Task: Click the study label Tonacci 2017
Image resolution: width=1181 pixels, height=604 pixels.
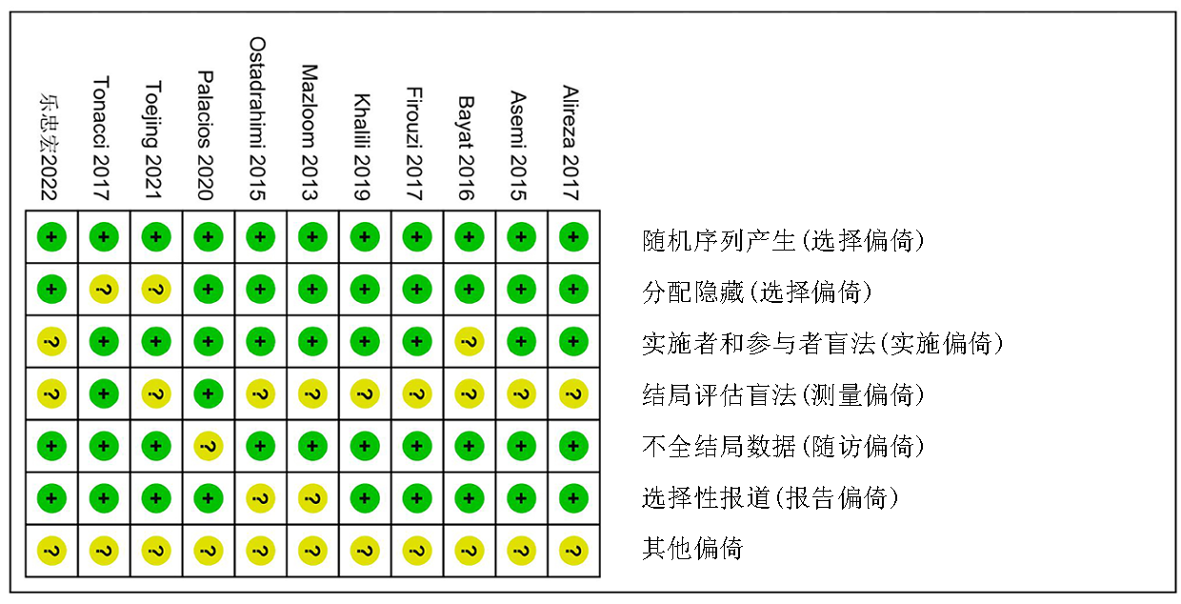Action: pyautogui.click(x=101, y=138)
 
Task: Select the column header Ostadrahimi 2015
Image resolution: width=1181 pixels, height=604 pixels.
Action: pyautogui.click(x=257, y=119)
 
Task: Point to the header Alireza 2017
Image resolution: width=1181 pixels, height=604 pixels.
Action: pyautogui.click(x=570, y=143)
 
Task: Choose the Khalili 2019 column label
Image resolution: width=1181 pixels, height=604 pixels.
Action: pyautogui.click(x=362, y=147)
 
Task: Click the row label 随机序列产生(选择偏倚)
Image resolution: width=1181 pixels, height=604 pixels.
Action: pyautogui.click(x=784, y=241)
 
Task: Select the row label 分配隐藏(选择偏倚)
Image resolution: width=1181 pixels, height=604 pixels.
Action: pyautogui.click(x=757, y=292)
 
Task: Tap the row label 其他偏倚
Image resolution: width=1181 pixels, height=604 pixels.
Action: pyautogui.click(x=692, y=549)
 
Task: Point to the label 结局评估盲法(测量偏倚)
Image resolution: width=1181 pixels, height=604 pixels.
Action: pyautogui.click(x=784, y=394)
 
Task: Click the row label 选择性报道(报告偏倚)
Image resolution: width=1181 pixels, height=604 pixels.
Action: pyautogui.click(x=771, y=497)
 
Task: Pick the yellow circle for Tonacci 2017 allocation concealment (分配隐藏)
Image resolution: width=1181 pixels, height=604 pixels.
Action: pyautogui.click(x=104, y=289)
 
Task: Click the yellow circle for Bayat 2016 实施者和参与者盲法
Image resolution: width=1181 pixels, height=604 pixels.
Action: pyautogui.click(x=469, y=342)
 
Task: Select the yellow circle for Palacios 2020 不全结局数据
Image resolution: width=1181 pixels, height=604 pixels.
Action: pyautogui.click(x=209, y=446)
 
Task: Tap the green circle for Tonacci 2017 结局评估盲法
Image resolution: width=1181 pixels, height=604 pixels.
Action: pyautogui.click(x=104, y=394)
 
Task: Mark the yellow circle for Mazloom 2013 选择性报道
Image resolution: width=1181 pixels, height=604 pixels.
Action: pyautogui.click(x=312, y=498)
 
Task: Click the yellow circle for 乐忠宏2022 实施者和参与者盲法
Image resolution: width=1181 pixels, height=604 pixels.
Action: pyautogui.click(x=51, y=342)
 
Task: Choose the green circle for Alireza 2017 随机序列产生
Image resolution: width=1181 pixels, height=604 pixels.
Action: pyautogui.click(x=573, y=237)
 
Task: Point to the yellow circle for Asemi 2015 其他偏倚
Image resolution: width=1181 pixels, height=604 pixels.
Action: pyautogui.click(x=521, y=551)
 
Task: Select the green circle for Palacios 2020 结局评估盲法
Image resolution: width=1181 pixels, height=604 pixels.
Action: pyautogui.click(x=209, y=394)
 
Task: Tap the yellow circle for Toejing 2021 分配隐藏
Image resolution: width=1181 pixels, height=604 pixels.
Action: pyautogui.click(x=156, y=289)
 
